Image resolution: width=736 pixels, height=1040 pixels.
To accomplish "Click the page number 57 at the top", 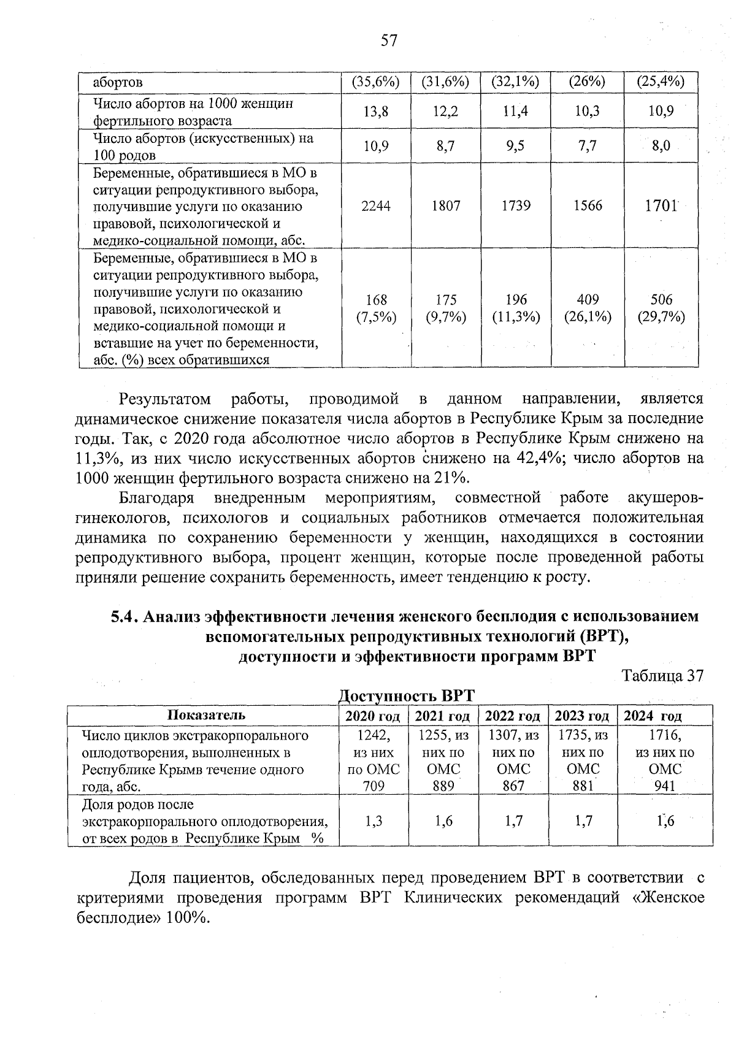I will click(389, 41).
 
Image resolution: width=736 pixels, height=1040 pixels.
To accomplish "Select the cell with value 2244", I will click(375, 206).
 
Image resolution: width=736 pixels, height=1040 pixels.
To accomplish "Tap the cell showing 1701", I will click(660, 206).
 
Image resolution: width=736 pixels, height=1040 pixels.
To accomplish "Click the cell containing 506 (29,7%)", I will click(661, 308).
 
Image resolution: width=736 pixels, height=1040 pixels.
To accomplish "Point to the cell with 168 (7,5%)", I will click(375, 308).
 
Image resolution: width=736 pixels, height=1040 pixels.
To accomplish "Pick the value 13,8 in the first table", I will click(375, 112).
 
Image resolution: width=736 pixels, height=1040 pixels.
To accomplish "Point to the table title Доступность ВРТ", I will click(407, 696).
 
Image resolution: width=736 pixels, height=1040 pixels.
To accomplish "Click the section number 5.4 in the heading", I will click(125, 616).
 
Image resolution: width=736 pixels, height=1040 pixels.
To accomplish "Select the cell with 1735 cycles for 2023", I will click(583, 760).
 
